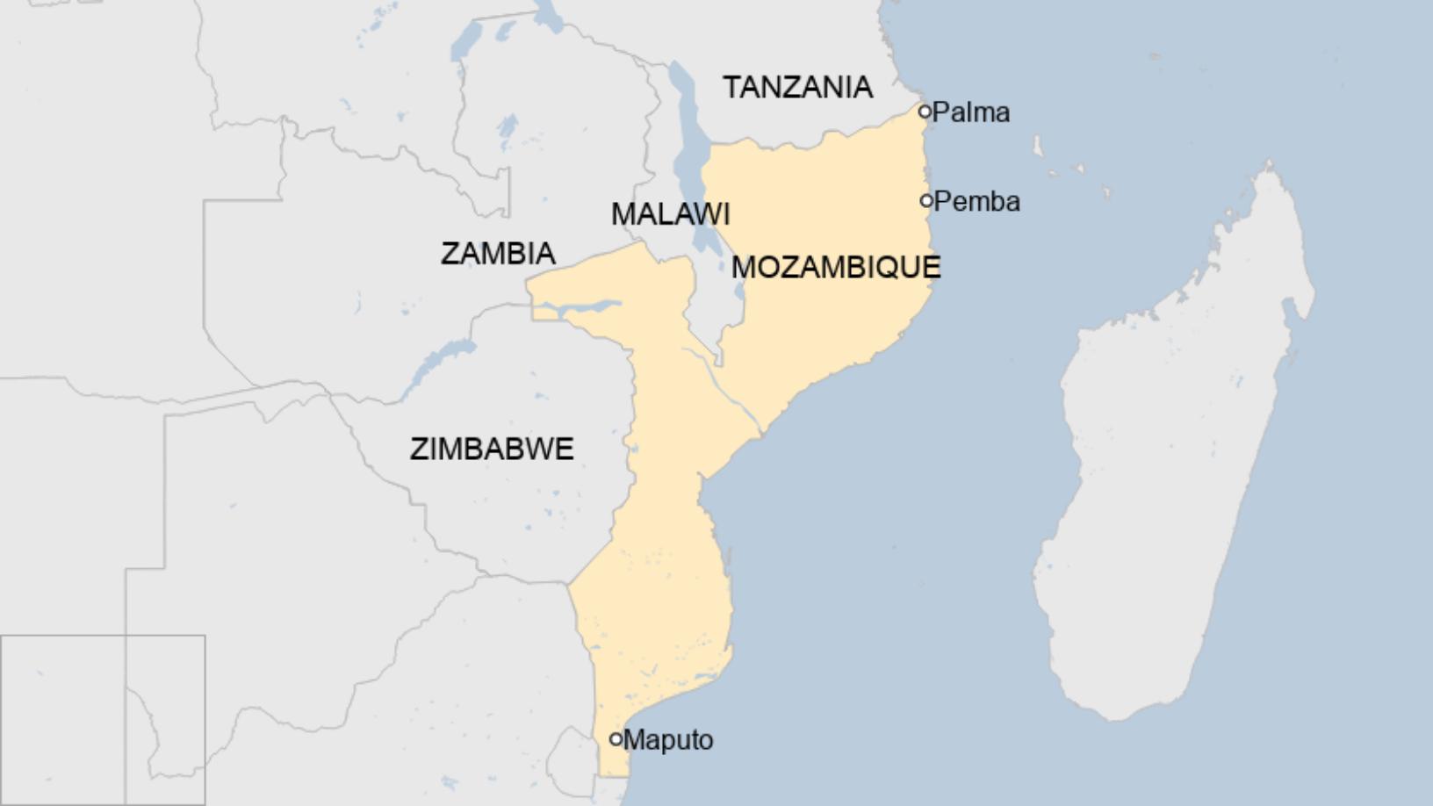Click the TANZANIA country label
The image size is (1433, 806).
[x=797, y=87]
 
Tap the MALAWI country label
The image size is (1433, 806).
[x=670, y=213]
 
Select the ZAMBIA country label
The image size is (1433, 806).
[x=498, y=253]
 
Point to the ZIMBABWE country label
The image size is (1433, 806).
[x=492, y=449]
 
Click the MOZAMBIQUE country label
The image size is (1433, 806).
[x=836, y=267]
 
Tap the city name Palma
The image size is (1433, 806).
[x=971, y=112]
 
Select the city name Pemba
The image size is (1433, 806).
[x=977, y=202]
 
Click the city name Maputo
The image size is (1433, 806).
[x=668, y=740]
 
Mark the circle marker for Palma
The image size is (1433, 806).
[x=925, y=112]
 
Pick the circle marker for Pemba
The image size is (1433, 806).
[x=926, y=201]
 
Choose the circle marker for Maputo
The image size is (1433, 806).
[x=616, y=739]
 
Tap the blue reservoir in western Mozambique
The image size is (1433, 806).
[x=580, y=308]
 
